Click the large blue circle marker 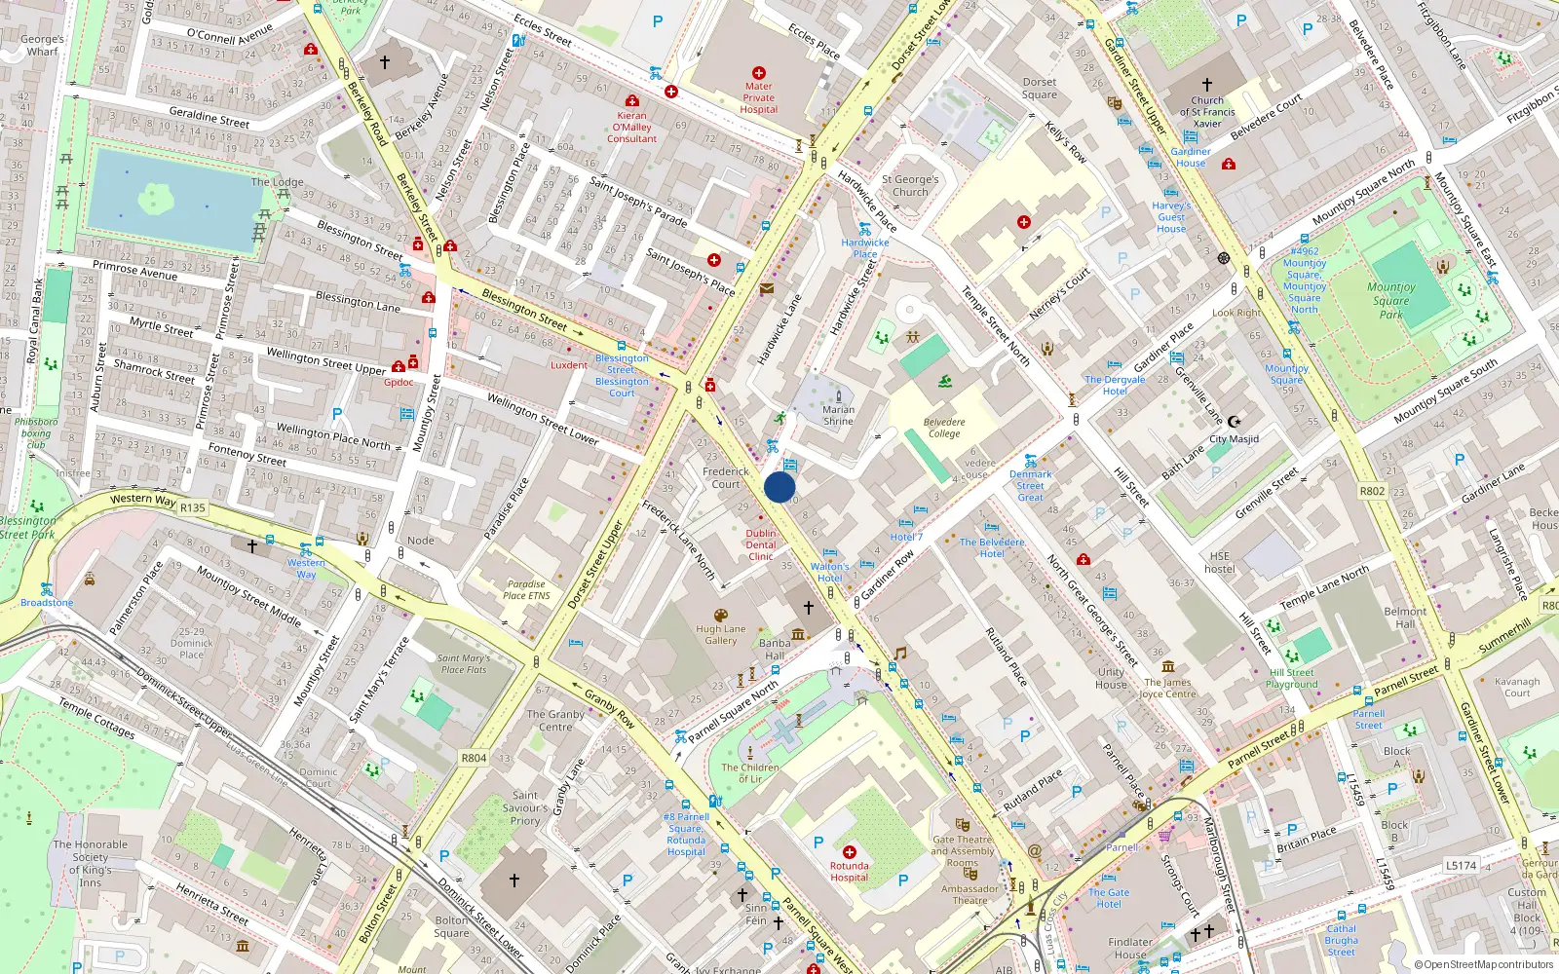[779, 487]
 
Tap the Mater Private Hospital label [758, 97]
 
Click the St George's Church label [910, 186]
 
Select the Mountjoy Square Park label [1390, 300]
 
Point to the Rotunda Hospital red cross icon [850, 851]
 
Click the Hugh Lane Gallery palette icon [721, 616]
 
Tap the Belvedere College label [943, 428]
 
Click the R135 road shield [193, 507]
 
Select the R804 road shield [474, 758]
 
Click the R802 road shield [1372, 491]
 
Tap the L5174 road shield [1461, 865]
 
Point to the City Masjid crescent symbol [1234, 422]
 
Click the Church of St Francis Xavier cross [1207, 85]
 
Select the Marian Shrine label [838, 415]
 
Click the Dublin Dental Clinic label [761, 544]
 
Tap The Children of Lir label [750, 772]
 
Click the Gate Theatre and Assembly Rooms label [963, 850]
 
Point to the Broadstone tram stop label [47, 603]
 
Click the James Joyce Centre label [1167, 688]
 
